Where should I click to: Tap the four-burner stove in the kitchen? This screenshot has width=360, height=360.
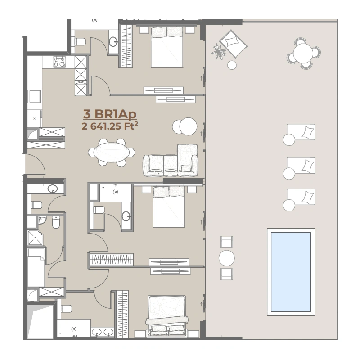(x=59, y=62)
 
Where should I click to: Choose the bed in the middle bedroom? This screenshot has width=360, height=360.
(x=169, y=207)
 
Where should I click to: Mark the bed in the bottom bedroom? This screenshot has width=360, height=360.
(x=166, y=315)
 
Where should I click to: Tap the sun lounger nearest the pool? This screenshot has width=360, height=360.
(x=300, y=199)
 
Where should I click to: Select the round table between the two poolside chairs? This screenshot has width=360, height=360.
(x=227, y=258)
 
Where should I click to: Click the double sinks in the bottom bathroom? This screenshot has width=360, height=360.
(x=103, y=333)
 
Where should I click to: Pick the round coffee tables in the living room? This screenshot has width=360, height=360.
(x=185, y=126)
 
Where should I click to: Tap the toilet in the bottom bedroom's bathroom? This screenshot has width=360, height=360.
(x=66, y=309)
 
